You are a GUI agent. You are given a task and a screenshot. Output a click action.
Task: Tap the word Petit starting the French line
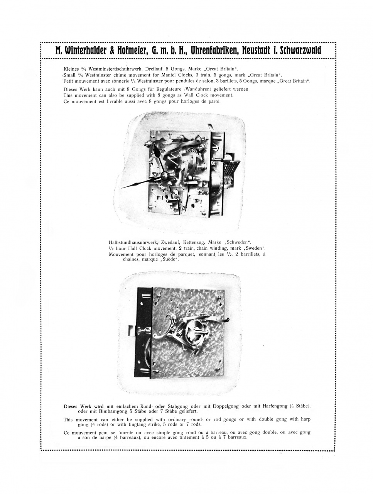[x=69, y=81]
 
